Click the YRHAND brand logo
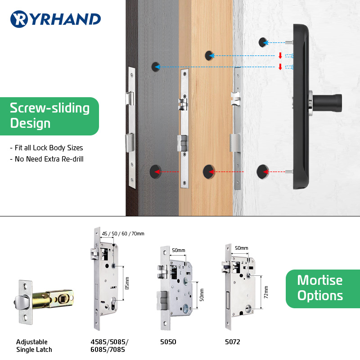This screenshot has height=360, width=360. tap(55, 19)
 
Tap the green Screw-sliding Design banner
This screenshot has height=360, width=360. tap(49, 116)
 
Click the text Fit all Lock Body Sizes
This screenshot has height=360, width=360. tap(46, 148)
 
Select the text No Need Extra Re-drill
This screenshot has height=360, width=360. tap(46, 159)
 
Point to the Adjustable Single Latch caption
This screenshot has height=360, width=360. tap(34, 346)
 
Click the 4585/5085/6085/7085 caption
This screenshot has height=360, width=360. tap(110, 346)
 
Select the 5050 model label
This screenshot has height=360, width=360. tap(168, 342)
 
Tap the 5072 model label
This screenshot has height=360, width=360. tap(233, 342)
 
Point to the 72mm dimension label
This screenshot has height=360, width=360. tap(266, 292)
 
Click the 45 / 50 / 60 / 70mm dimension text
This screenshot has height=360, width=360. tap(123, 233)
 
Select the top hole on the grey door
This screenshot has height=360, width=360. tap(155, 67)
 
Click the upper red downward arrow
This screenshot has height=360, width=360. tap(280, 56)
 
